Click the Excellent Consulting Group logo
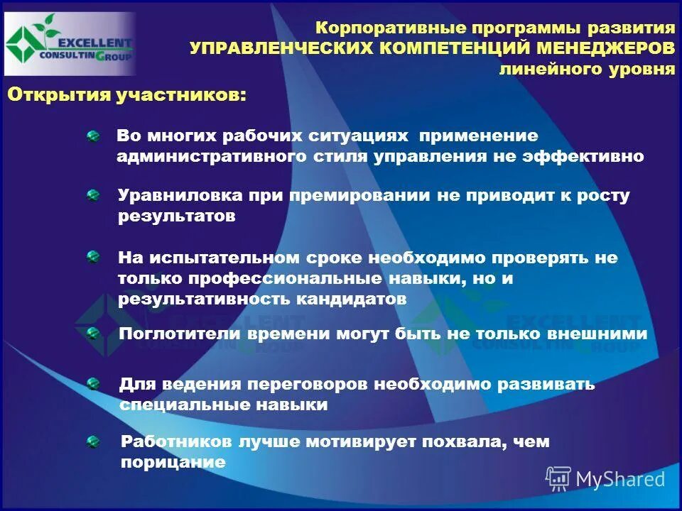[x=69, y=44]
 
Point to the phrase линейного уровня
[x=586, y=70]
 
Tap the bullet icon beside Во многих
[x=93, y=136]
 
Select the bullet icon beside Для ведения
[x=93, y=385]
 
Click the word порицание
[x=173, y=463]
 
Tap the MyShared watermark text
[x=620, y=479]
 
